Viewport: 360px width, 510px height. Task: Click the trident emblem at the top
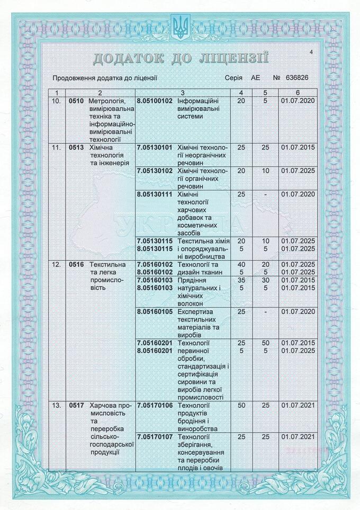(180, 26)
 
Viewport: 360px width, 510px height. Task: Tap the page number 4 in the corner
(311, 52)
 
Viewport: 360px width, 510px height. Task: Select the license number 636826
(297, 78)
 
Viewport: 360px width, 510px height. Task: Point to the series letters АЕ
(256, 78)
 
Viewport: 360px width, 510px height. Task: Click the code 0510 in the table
(77, 101)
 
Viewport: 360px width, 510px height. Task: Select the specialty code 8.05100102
(155, 101)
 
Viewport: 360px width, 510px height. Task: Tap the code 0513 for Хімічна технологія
(77, 148)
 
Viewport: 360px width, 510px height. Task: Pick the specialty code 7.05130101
(155, 148)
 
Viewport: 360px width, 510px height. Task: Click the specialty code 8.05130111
(155, 194)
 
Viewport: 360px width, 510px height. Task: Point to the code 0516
(77, 264)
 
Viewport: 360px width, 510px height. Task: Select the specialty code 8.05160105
(155, 311)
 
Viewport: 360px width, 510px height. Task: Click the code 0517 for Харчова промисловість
(77, 406)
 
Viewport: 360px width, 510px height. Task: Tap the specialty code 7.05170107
(155, 437)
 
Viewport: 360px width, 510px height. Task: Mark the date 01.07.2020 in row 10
(298, 101)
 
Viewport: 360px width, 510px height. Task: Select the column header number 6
(298, 93)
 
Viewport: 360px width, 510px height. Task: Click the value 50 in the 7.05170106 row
(241, 406)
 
